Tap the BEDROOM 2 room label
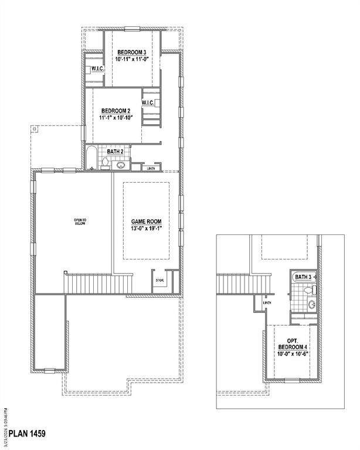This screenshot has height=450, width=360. (116, 111)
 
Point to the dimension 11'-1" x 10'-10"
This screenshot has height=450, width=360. (117, 118)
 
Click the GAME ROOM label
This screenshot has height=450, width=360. (146, 221)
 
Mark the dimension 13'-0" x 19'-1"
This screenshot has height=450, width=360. (146, 228)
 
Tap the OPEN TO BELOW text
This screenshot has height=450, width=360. (80, 222)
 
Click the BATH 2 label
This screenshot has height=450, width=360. (115, 152)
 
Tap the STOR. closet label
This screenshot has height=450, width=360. (159, 281)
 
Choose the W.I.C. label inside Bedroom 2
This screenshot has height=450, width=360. (147, 103)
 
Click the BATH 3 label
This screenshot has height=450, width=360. (303, 277)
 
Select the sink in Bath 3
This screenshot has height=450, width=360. (311, 305)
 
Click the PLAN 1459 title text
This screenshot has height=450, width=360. (24, 434)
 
